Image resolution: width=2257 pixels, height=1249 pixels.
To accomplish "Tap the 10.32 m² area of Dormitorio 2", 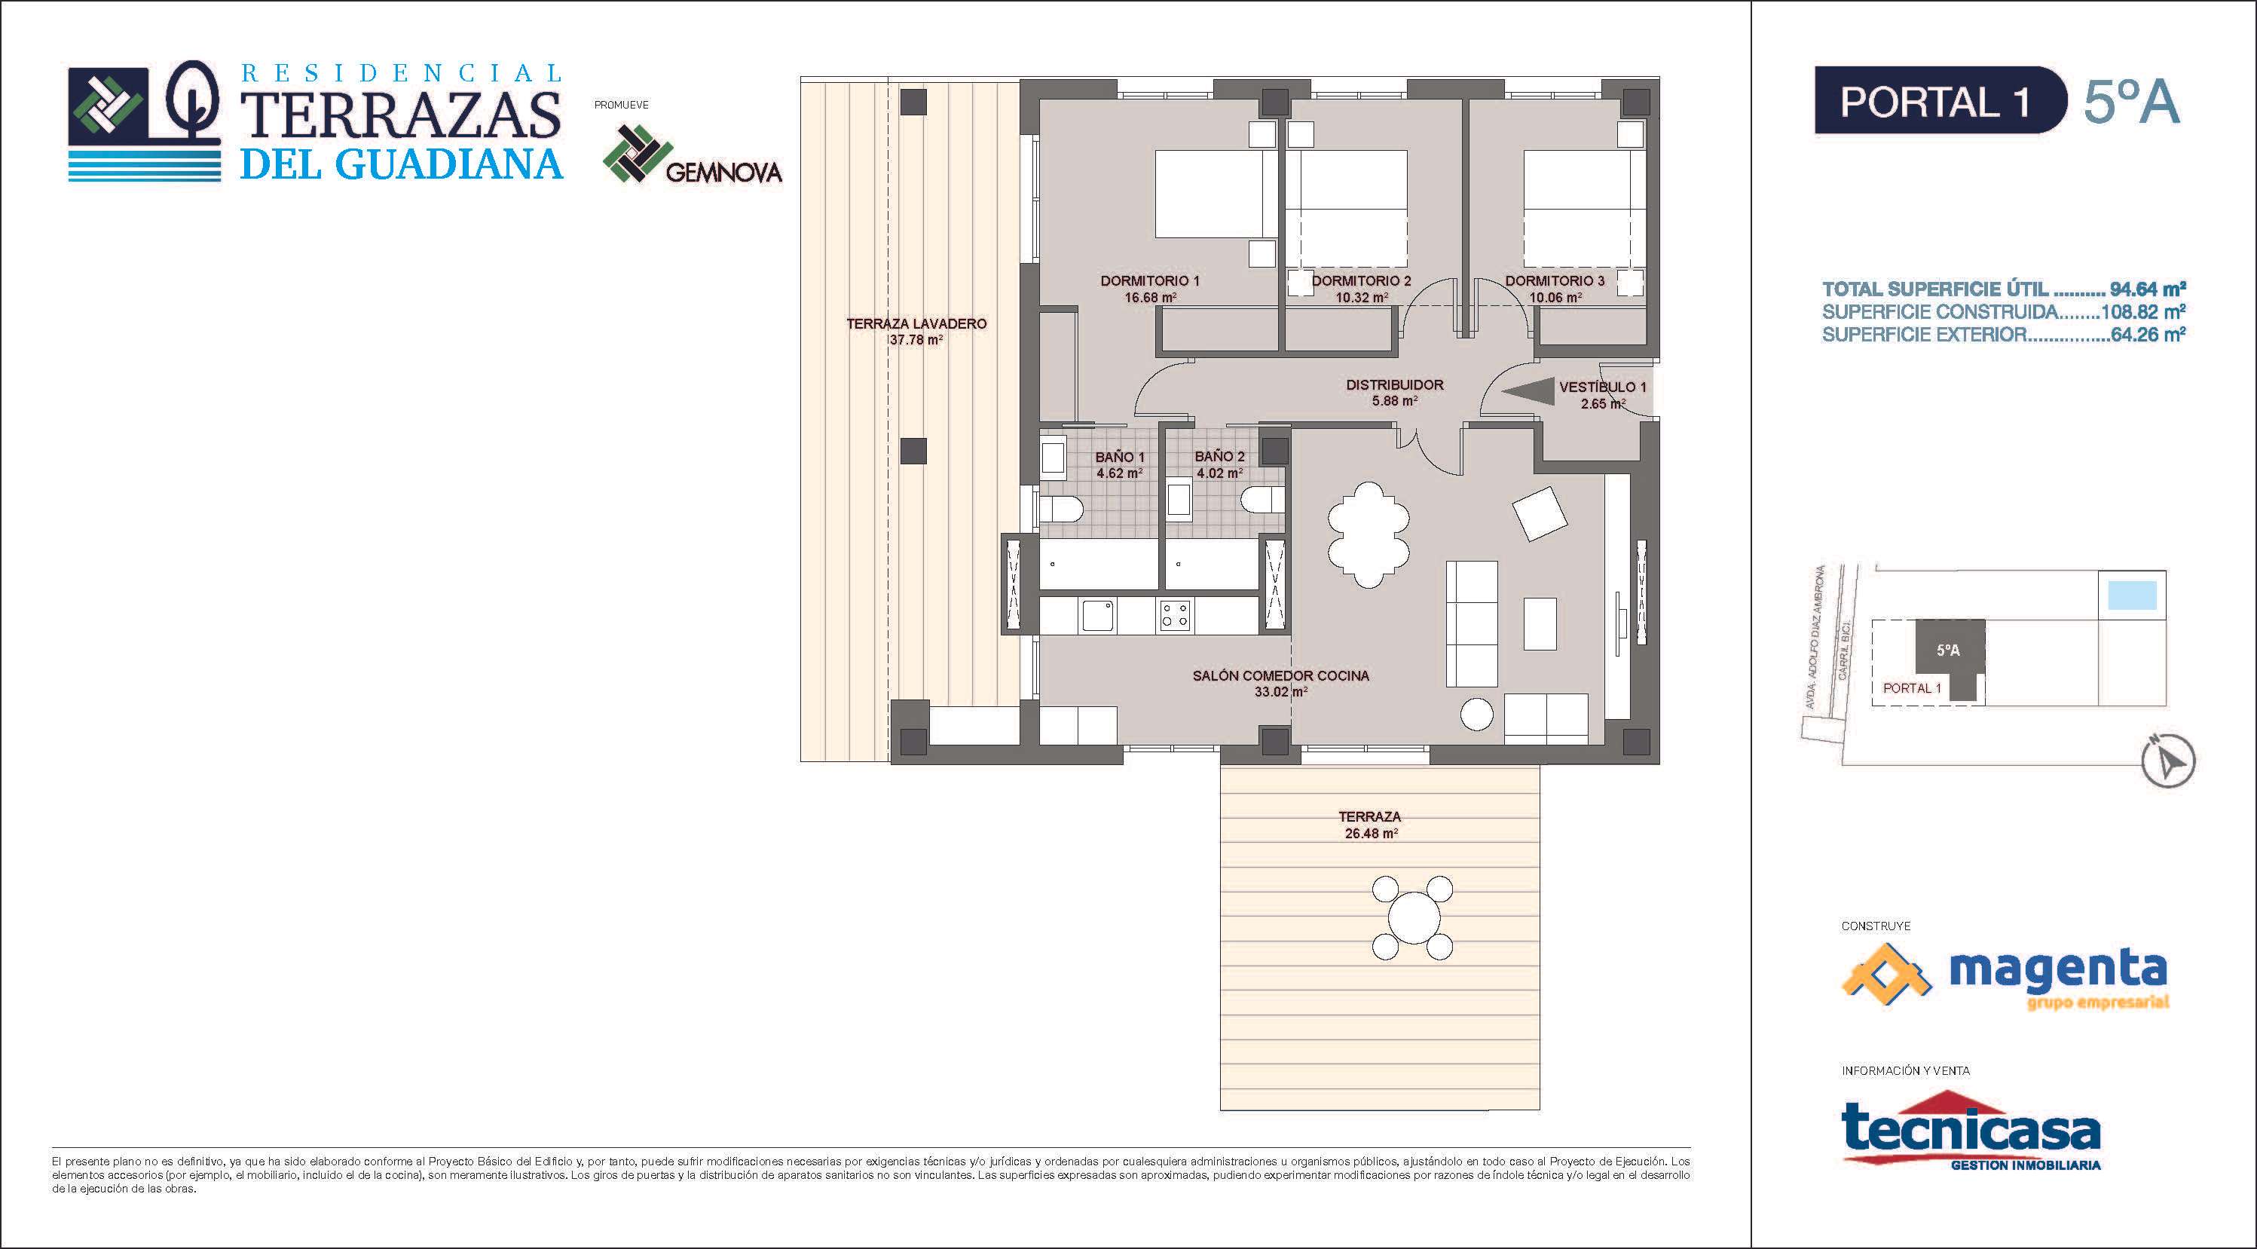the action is click(x=1361, y=297).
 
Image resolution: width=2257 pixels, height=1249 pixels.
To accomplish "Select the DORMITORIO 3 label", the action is click(x=1555, y=281).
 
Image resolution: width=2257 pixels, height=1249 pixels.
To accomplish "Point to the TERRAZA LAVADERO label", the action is click(x=916, y=323).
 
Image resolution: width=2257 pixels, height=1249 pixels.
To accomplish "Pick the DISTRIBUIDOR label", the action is click(x=1395, y=384).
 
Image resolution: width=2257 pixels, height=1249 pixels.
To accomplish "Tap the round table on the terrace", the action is click(x=1411, y=917).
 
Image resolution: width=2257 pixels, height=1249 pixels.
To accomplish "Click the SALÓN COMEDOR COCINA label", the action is click(x=1280, y=676).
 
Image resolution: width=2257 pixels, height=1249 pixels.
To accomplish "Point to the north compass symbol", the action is click(x=2167, y=761).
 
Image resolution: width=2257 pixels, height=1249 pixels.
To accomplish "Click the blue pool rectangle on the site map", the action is click(x=2132, y=596).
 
